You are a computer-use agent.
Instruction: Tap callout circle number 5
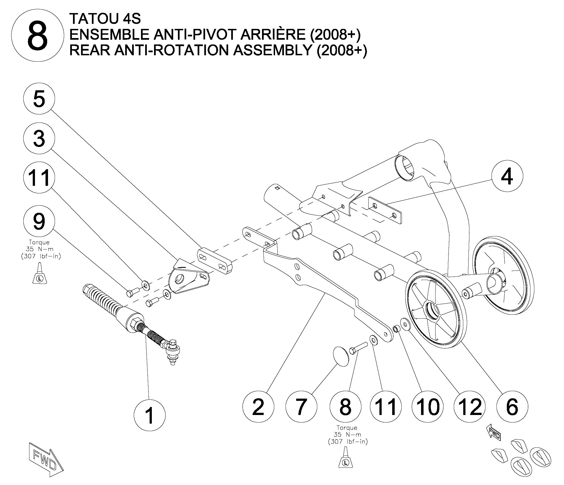39,99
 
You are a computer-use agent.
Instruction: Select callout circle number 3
39,138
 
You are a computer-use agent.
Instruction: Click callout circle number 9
39,221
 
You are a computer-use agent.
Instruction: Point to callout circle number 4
507,176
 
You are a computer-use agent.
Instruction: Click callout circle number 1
150,415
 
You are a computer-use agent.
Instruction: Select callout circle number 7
301,406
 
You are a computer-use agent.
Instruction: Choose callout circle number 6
512,406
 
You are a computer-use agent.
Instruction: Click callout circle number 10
428,406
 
